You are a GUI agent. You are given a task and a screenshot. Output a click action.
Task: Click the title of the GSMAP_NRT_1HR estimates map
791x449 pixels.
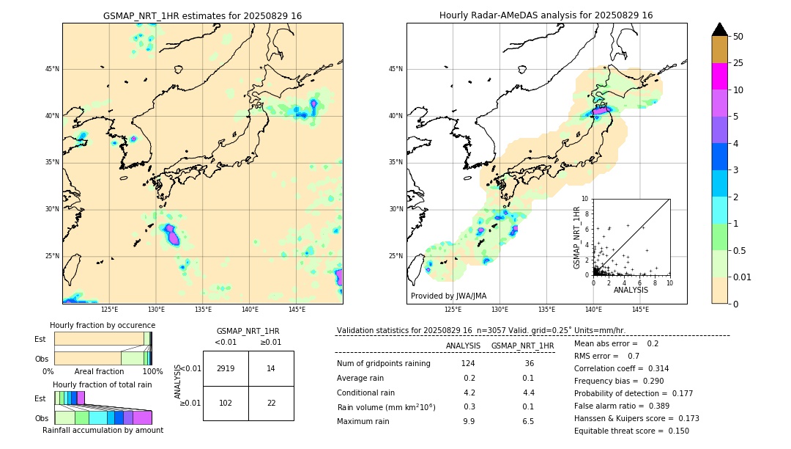pos(202,15)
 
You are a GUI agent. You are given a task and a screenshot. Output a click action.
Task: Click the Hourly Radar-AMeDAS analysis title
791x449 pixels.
pos(546,15)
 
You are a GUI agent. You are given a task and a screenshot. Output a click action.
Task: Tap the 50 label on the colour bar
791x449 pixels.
pos(738,37)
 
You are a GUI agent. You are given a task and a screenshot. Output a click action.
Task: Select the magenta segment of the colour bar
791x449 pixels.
pos(719,76)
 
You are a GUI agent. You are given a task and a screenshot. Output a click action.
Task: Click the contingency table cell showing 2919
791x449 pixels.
pos(226,368)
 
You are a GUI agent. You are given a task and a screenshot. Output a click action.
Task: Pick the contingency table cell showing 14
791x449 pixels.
pos(271,368)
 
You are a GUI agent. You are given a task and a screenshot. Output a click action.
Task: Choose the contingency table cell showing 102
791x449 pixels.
pos(226,403)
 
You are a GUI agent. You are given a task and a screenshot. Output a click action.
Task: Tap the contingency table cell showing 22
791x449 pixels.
pos(271,403)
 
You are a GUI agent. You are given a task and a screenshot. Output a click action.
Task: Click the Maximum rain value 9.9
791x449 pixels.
pos(469,422)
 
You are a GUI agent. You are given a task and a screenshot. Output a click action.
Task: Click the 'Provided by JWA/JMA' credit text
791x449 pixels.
pos(448,296)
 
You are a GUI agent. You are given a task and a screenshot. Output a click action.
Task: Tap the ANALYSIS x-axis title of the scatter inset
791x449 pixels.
pos(631,291)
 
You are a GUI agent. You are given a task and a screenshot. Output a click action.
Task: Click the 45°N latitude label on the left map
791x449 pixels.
pos(52,69)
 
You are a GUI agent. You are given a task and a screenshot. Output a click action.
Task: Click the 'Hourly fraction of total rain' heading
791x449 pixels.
pos(103,384)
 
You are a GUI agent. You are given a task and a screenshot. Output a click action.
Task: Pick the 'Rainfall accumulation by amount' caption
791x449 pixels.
pos(103,431)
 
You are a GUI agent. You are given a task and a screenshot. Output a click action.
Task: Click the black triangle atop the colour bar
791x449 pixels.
pos(720,29)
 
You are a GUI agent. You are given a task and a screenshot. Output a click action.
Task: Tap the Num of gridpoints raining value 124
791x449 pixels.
pos(469,364)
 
